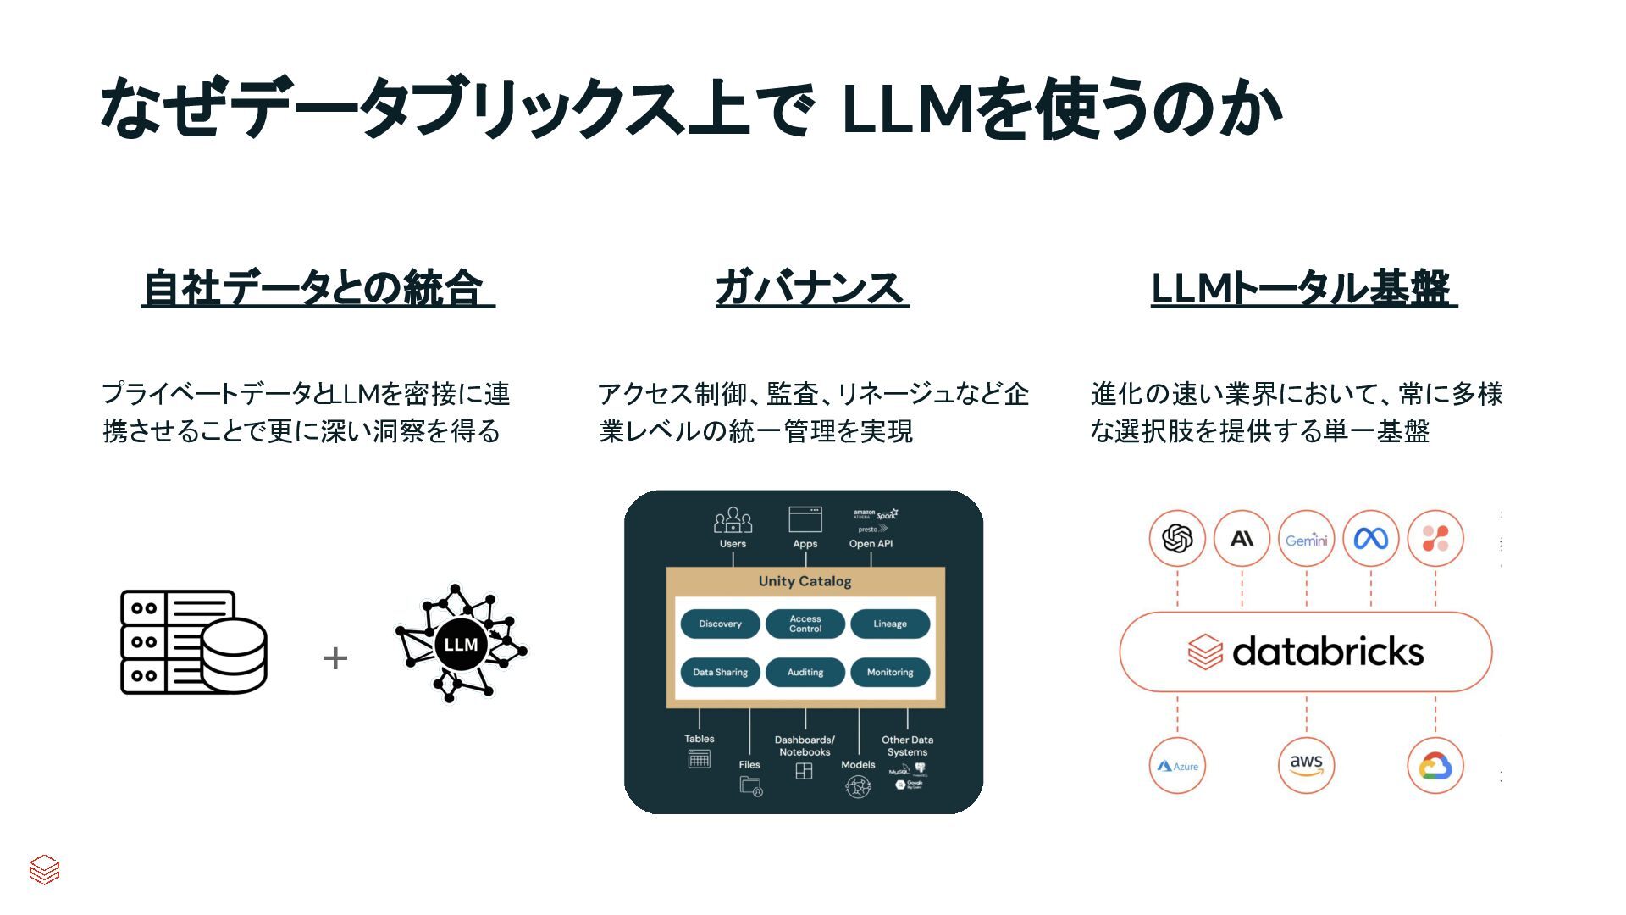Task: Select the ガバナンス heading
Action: click(x=811, y=288)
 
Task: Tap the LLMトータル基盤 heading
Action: click(x=1303, y=288)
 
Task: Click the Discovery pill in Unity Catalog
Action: click(x=720, y=624)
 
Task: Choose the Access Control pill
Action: click(x=805, y=624)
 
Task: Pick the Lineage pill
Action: click(x=890, y=624)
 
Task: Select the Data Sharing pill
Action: click(x=720, y=673)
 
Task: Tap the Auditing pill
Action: click(x=805, y=673)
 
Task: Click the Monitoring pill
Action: click(x=890, y=673)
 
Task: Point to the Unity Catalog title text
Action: click(x=805, y=581)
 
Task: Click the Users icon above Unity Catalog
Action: click(x=733, y=520)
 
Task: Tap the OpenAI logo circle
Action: click(x=1177, y=538)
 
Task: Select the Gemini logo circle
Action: click(x=1306, y=538)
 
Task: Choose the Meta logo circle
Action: click(x=1370, y=538)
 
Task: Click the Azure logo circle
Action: click(x=1177, y=766)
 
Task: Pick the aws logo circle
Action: click(x=1306, y=766)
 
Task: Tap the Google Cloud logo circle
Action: click(x=1435, y=766)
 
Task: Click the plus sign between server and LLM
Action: click(x=335, y=658)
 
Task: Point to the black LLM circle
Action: click(x=461, y=645)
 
